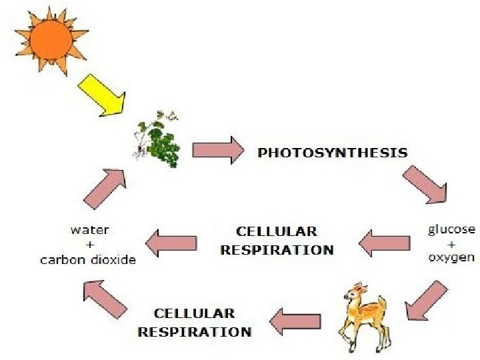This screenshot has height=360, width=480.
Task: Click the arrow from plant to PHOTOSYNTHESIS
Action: pyautogui.click(x=217, y=150)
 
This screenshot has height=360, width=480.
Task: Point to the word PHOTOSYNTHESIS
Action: pyautogui.click(x=332, y=153)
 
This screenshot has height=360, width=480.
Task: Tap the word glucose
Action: pyautogui.click(x=451, y=229)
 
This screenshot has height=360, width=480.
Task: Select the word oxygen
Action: pyautogui.click(x=451, y=257)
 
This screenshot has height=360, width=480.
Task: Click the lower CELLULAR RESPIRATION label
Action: pyautogui.click(x=194, y=323)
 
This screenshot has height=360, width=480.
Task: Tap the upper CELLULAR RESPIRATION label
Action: pyautogui.click(x=277, y=241)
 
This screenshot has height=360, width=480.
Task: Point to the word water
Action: pyautogui.click(x=90, y=230)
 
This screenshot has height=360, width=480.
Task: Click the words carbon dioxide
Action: pyautogui.click(x=88, y=260)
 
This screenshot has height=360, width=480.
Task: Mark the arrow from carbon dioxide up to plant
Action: pyautogui.click(x=105, y=185)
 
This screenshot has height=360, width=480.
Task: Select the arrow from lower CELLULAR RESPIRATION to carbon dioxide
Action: pyautogui.click(x=105, y=297)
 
